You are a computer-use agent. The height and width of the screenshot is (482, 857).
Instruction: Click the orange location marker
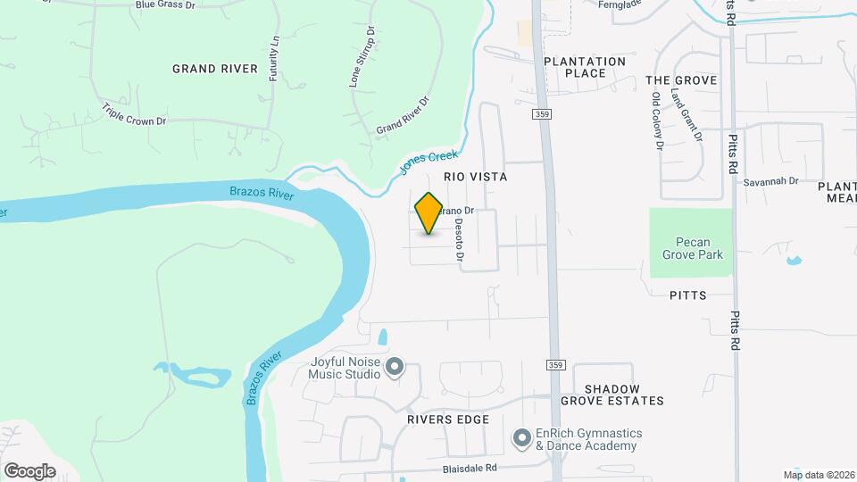pyautogui.click(x=428, y=213)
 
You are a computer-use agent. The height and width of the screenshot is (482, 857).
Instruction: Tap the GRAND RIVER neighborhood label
pyautogui.click(x=215, y=69)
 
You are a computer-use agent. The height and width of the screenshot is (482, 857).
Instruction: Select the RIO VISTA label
pyautogui.click(x=475, y=178)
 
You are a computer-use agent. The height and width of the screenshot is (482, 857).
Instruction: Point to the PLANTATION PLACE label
pyautogui.click(x=585, y=67)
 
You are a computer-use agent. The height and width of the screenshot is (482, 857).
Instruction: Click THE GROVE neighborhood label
pyautogui.click(x=681, y=80)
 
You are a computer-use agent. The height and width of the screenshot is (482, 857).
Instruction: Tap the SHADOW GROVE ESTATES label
pyautogui.click(x=624, y=395)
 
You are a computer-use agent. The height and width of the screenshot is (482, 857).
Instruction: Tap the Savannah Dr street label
pyautogui.click(x=770, y=181)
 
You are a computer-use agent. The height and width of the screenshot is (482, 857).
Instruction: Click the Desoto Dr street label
pyautogui.click(x=460, y=241)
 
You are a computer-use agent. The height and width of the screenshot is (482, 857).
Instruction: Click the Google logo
pyautogui.click(x=29, y=470)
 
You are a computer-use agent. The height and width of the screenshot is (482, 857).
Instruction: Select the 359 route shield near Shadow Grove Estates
pyautogui.click(x=556, y=366)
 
